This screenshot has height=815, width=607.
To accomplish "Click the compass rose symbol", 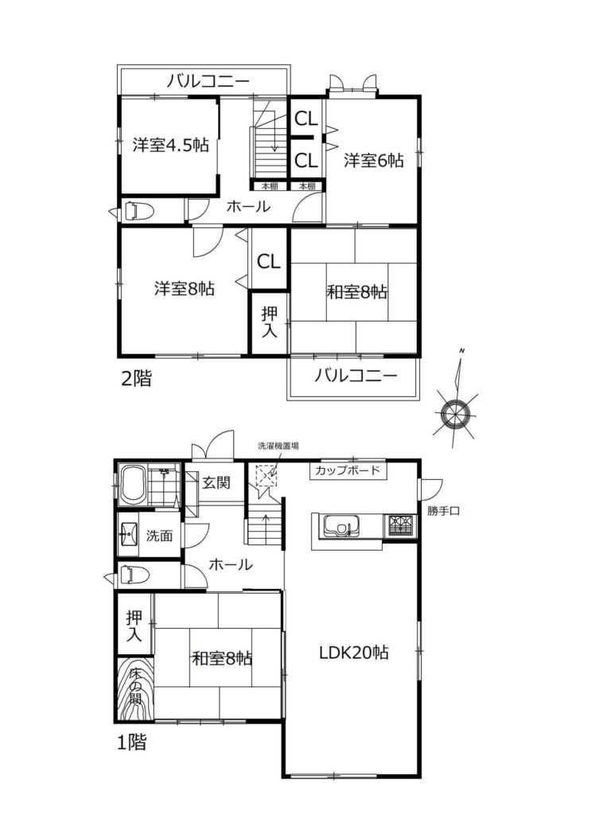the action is coord(455,414).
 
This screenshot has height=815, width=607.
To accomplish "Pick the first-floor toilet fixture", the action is coord(134,575).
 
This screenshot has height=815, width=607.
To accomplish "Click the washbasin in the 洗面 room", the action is coord(128,534).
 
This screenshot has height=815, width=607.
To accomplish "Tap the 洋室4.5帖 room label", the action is coord(171,145).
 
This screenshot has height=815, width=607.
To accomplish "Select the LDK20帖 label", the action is coord(354,653).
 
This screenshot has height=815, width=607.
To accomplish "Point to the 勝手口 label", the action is coord(443,511).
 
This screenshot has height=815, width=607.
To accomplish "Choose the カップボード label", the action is coord(348,471).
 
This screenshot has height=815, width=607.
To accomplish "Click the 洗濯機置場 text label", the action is coord(278,446).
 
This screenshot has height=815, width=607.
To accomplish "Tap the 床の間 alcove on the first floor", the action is coord(135,689).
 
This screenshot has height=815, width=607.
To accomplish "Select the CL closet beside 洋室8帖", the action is coord(269,261).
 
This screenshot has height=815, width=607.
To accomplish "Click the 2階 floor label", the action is coord(136,378).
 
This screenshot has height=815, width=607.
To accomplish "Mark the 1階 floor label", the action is coord(131,743).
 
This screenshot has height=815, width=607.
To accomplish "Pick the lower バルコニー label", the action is coord(356,376).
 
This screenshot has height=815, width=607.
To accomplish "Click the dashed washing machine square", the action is coord(266,476).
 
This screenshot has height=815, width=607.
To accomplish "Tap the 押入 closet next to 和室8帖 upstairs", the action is coord(269,322).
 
